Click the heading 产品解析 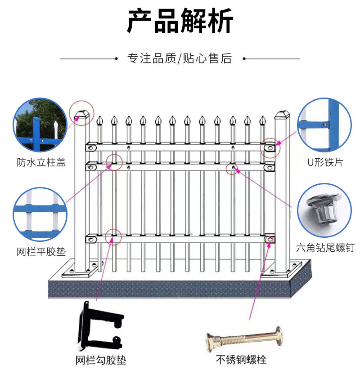(x=180, y=21)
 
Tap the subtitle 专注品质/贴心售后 (x=180, y=58)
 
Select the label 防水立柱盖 (x=41, y=162)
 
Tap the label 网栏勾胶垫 (x=100, y=360)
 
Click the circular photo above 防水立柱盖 (x=40, y=125)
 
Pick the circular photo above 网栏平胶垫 (x=40, y=215)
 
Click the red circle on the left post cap (x=81, y=112)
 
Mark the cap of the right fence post (x=282, y=115)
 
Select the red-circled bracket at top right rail (x=270, y=147)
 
